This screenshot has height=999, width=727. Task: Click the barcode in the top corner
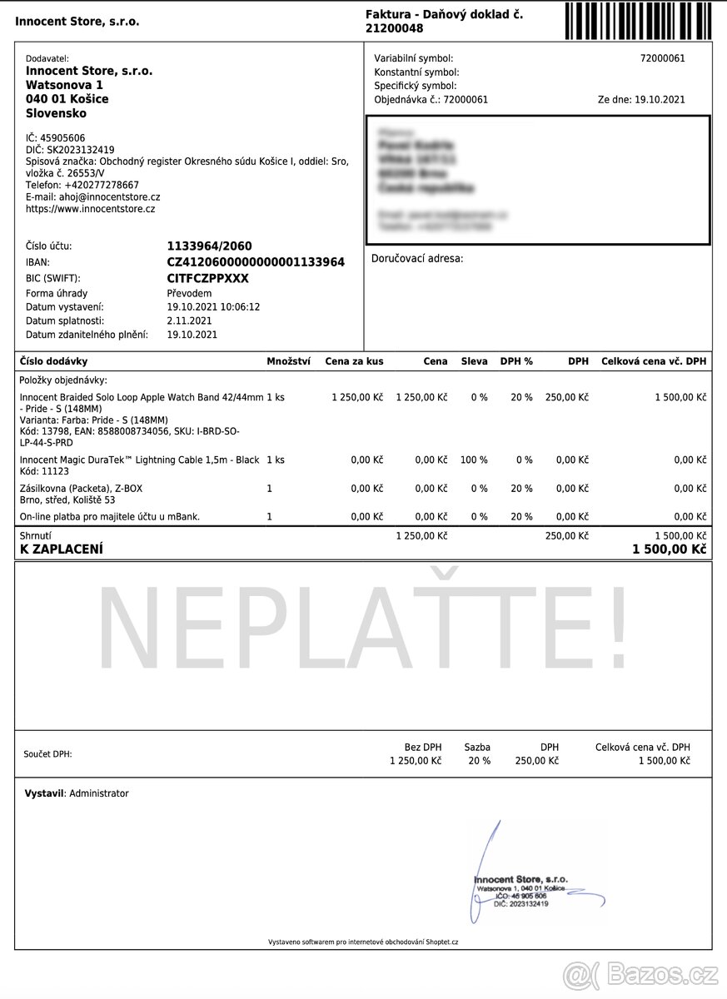pyautogui.click(x=638, y=21)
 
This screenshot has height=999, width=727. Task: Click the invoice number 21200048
pyautogui.click(x=395, y=28)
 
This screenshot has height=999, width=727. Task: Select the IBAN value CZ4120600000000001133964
pyautogui.click(x=256, y=262)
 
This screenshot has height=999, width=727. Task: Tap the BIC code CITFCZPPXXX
pyautogui.click(x=208, y=278)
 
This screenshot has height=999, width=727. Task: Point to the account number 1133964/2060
pyautogui.click(x=209, y=246)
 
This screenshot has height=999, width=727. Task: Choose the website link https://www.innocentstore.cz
pyautogui.click(x=91, y=209)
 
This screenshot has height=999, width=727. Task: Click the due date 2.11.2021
pyautogui.click(x=190, y=321)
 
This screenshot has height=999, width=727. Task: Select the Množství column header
pyautogui.click(x=288, y=361)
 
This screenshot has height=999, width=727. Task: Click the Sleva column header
pyautogui.click(x=477, y=361)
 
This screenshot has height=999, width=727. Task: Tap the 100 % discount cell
pyautogui.click(x=474, y=460)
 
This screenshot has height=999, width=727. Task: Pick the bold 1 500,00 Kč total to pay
pyautogui.click(x=669, y=549)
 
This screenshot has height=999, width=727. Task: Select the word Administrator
pyautogui.click(x=99, y=793)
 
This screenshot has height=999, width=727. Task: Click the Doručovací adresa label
pyautogui.click(x=417, y=259)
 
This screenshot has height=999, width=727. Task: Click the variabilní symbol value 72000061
pyautogui.click(x=662, y=58)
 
